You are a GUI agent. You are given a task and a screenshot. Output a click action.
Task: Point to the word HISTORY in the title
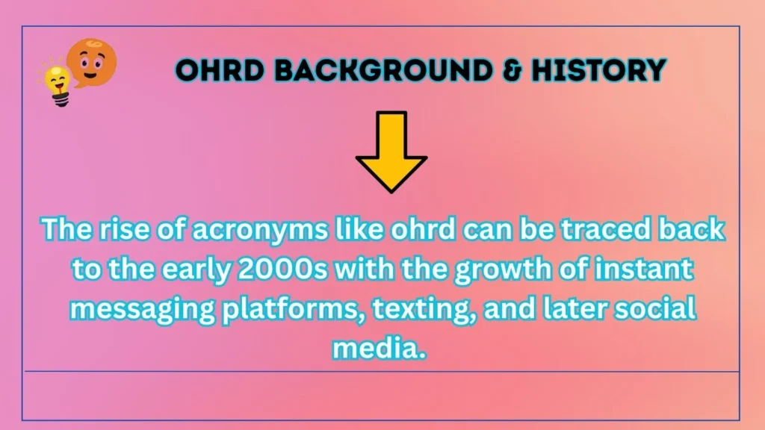598,71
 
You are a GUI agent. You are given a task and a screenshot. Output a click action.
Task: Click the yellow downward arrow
391,151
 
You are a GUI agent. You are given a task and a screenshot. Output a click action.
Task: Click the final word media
382,346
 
